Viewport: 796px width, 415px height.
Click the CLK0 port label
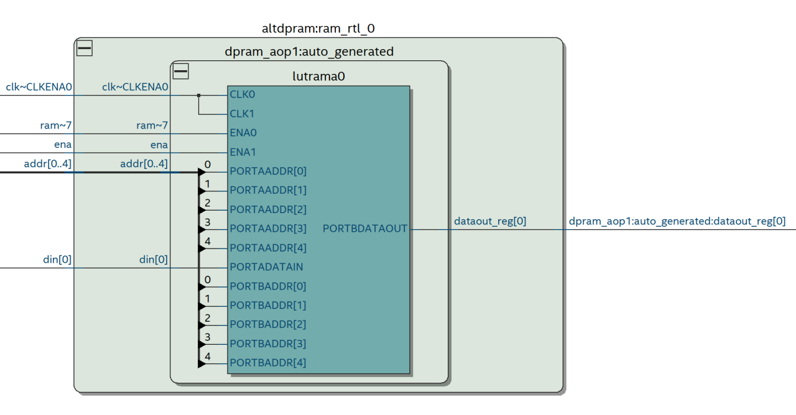[242, 94]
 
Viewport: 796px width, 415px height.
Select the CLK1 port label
[242, 114]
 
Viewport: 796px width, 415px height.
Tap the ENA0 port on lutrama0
[243, 133]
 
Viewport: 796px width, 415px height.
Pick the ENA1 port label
[243, 152]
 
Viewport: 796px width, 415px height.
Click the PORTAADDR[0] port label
[268, 171]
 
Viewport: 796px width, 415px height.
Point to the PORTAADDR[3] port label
[268, 229]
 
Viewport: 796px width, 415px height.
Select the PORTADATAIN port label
[266, 267]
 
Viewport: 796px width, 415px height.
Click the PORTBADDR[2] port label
[268, 324]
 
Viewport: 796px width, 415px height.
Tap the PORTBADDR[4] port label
[268, 363]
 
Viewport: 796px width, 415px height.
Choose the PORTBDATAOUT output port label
[365, 229]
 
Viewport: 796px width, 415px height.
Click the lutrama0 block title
[318, 76]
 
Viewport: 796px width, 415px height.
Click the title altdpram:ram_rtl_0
[318, 29]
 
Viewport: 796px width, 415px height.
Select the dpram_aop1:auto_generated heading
[309, 52]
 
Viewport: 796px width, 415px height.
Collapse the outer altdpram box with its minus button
[84, 48]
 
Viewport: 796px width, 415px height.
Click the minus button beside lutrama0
[181, 71]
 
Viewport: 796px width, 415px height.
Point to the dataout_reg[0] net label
[490, 221]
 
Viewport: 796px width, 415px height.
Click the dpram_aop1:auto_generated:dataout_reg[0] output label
[677, 221]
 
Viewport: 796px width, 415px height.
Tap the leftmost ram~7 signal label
[56, 126]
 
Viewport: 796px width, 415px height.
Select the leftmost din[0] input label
[57, 260]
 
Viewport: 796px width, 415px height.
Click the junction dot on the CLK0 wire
[199, 95]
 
